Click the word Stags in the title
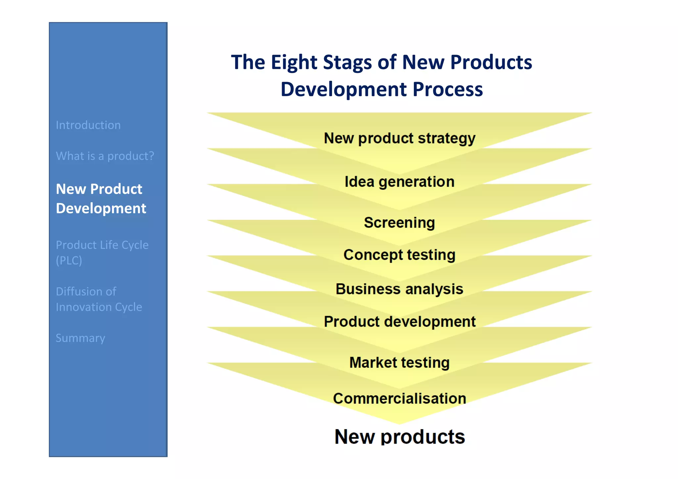point(347,63)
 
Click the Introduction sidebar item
point(88,125)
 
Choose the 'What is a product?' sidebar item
point(105,156)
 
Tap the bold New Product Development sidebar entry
point(101,199)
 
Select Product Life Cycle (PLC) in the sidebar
point(102,253)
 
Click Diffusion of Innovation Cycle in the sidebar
point(99,299)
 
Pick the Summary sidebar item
point(80,338)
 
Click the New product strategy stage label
point(399,138)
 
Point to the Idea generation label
point(399,182)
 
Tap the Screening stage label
point(399,222)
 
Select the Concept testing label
point(399,255)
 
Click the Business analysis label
point(399,289)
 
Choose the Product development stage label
point(399,322)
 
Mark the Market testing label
point(399,362)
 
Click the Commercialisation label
point(399,398)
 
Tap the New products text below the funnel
point(399,437)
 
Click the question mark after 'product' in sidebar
point(151,156)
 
